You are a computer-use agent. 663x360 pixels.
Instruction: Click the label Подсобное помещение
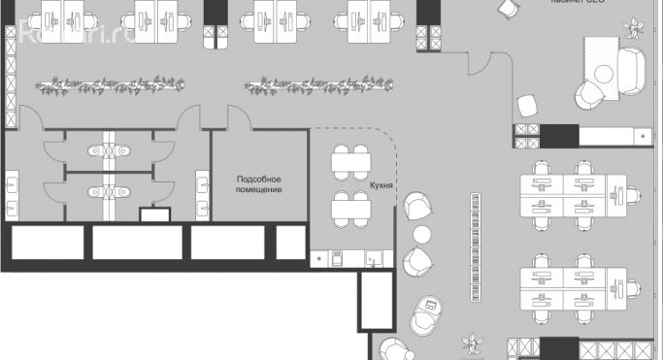(259, 184)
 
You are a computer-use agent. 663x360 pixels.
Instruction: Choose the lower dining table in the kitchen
(350, 206)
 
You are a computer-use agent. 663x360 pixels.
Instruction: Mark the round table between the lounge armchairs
(422, 234)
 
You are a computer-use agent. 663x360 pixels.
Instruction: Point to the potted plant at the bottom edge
(474, 344)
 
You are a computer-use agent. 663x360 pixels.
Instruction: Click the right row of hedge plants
(302, 85)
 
